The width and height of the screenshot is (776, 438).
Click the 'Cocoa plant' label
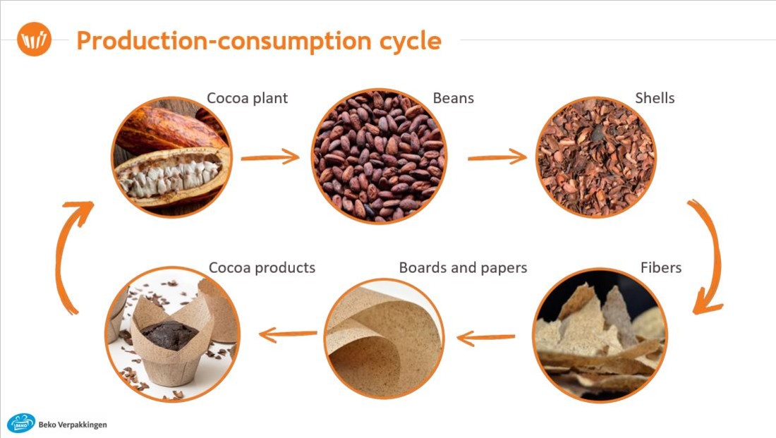point(247,98)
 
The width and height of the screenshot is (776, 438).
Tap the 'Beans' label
point(454,98)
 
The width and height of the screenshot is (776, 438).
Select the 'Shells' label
point(655,98)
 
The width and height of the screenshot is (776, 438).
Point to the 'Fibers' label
point(661,268)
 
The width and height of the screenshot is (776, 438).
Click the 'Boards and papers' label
point(463,268)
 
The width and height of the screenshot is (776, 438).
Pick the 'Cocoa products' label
point(262,268)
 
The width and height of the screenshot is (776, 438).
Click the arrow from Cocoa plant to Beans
point(270,157)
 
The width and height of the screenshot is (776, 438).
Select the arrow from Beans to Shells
point(497,157)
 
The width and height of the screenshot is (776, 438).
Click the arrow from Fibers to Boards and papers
point(485,338)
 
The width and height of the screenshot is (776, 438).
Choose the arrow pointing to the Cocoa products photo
point(288,334)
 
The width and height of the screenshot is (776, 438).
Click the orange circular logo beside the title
point(34,39)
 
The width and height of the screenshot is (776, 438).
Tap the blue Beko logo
point(21,424)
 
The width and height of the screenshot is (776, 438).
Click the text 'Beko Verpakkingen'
point(73,425)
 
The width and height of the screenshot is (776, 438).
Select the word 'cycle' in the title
point(411,41)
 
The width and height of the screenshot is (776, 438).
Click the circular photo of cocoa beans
point(379,157)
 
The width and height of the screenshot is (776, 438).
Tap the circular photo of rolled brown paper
point(384,339)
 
